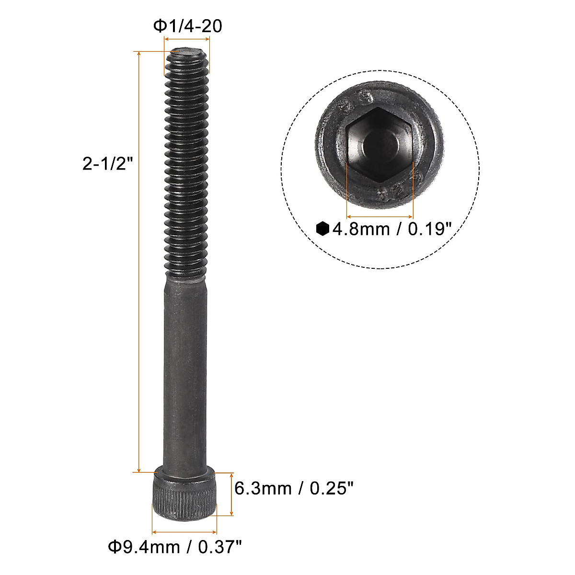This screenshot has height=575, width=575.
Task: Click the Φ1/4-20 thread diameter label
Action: (187, 26)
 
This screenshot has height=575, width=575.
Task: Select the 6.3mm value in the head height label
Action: (263, 489)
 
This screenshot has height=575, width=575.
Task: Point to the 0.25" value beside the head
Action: (332, 489)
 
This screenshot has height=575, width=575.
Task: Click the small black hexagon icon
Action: (323, 229)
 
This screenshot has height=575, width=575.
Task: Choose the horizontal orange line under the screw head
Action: (184, 531)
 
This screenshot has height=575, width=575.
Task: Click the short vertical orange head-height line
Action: (232, 494)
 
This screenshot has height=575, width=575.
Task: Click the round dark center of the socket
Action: (379, 144)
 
